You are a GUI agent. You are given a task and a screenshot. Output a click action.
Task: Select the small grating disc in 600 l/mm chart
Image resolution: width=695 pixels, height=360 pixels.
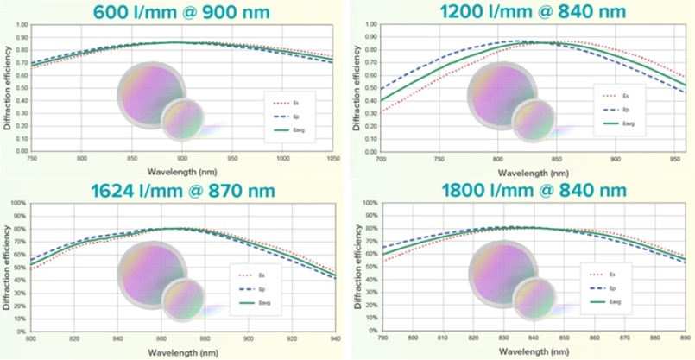coord(182,118)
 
